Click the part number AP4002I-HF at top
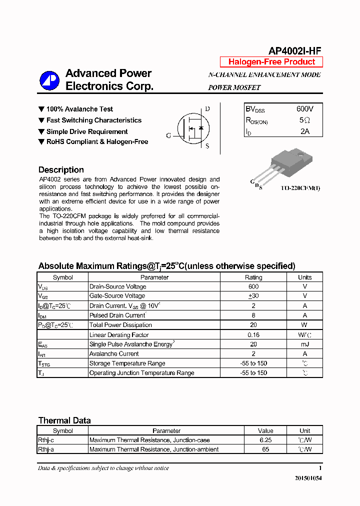[x=294, y=50]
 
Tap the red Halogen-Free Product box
[x=271, y=62]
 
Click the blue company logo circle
[x=49, y=80]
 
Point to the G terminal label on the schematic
[x=168, y=135]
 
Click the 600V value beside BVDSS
[x=304, y=109]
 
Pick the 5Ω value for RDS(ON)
[x=304, y=120]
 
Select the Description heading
[x=61, y=169]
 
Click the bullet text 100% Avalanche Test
[x=79, y=109]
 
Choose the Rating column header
[x=253, y=277]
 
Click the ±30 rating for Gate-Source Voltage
[x=253, y=296]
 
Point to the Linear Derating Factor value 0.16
[x=253, y=335]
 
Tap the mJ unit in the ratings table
[x=304, y=344]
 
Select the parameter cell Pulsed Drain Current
[x=117, y=315]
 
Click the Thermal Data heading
[x=64, y=420]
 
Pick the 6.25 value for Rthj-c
[x=265, y=440]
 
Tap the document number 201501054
[x=308, y=478]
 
